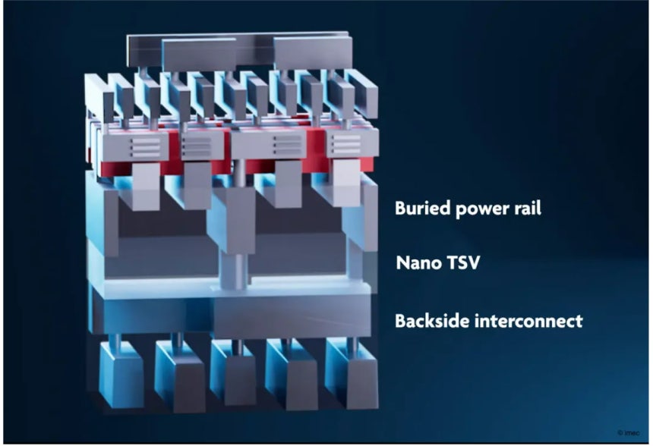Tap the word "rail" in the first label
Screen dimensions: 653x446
click(x=528, y=208)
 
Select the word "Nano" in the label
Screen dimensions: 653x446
click(x=416, y=263)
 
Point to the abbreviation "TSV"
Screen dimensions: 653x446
click(x=462, y=263)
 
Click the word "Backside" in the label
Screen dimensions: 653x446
click(x=431, y=321)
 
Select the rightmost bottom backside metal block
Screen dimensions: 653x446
click(x=352, y=374)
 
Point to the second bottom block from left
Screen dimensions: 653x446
click(x=180, y=376)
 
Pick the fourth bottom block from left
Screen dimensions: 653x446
click(x=292, y=375)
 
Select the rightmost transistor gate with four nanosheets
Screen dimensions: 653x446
click(x=352, y=143)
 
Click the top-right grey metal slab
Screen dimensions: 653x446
click(x=312, y=52)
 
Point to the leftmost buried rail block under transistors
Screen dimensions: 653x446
click(x=146, y=186)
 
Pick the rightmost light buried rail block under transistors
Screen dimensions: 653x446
click(x=347, y=183)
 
